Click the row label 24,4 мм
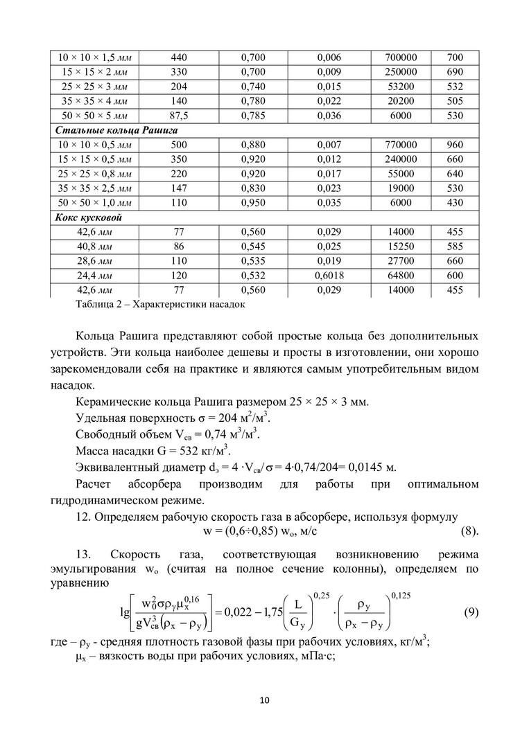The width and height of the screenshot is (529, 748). point(96,276)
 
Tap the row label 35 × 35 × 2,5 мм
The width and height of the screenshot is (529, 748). point(96,188)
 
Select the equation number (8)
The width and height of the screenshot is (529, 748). point(470,532)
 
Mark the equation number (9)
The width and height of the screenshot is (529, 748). point(469,613)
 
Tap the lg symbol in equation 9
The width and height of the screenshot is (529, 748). point(124,614)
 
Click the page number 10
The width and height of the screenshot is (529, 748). point(264,701)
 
